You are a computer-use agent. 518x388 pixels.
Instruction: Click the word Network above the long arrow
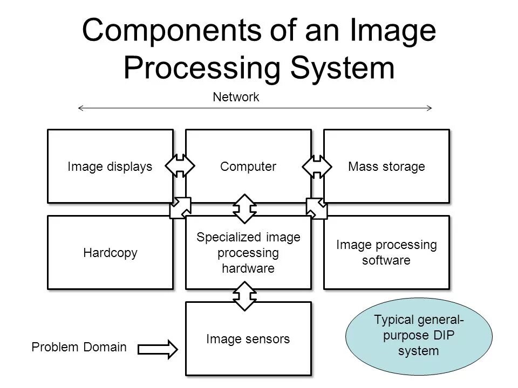pos(236,97)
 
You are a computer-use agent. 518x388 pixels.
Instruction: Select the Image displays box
pos(110,166)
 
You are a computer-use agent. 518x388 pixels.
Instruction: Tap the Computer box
pos(248,166)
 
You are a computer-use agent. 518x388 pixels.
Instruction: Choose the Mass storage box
pos(386,166)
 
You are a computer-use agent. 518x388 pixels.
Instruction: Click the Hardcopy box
pos(110,252)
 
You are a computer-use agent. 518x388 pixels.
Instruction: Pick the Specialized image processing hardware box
pos(248,252)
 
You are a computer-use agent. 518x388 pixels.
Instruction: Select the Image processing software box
pos(386,252)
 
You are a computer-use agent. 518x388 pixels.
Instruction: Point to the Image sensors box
pos(248,338)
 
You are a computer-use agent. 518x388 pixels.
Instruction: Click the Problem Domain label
pos(79,348)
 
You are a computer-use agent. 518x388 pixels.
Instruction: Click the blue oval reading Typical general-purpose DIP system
pos(419,336)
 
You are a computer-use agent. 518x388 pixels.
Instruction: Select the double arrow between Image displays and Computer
pos(180,166)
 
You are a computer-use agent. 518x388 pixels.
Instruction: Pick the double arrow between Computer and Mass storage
pos(318,166)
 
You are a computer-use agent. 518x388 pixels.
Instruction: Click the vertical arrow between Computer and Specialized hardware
pos(246,209)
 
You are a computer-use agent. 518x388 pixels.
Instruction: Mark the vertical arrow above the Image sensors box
pos(246,295)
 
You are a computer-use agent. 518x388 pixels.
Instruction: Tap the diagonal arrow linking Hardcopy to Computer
pos(180,208)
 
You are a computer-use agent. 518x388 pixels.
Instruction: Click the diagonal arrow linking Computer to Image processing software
pos(317,208)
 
